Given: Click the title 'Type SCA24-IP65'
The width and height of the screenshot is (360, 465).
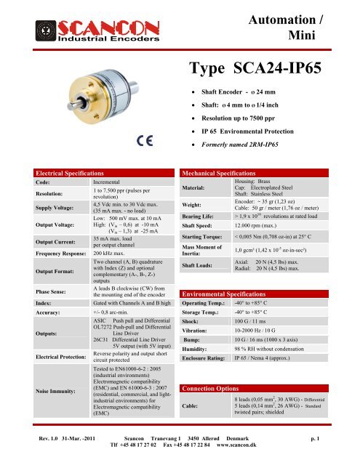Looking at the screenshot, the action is tap(263, 69).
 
